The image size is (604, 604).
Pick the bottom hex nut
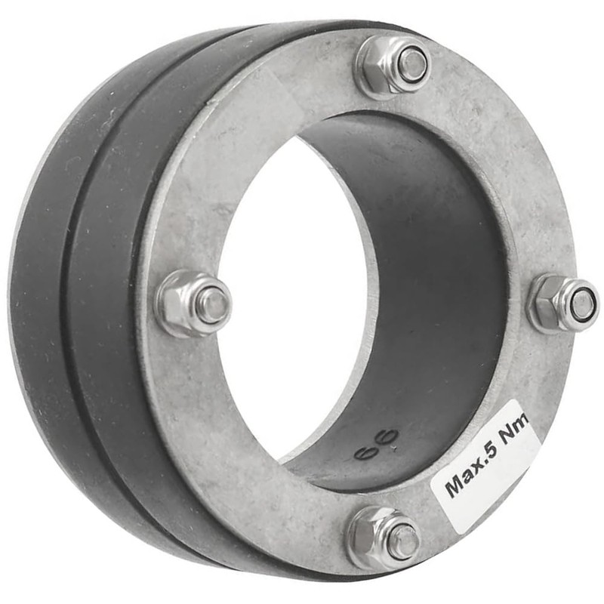pos(384,538)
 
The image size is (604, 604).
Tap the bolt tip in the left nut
pos(213,304)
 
